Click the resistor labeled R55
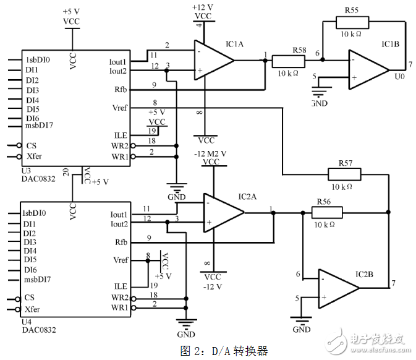point(352,23)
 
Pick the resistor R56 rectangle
point(327,212)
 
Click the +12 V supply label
point(203,7)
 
